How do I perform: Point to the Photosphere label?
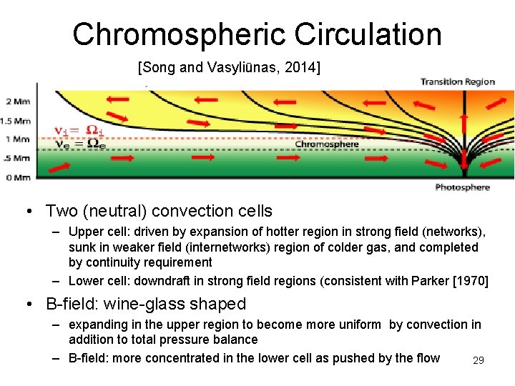(x=463, y=187)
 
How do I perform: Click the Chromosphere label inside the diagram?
(x=327, y=144)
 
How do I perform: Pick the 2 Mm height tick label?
(x=17, y=100)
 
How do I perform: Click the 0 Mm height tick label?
(x=17, y=177)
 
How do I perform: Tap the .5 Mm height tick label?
(x=17, y=158)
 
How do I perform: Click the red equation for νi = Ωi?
(x=79, y=131)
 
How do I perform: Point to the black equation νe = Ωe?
(x=79, y=143)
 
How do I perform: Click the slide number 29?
(x=479, y=360)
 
